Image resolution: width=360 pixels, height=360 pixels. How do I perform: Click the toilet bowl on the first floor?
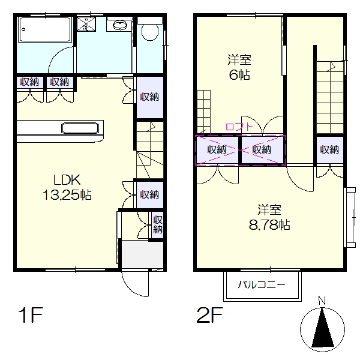[x=150, y=32]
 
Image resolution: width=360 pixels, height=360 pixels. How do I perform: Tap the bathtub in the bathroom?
[x=46, y=29]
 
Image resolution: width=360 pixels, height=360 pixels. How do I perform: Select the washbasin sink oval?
[x=119, y=25]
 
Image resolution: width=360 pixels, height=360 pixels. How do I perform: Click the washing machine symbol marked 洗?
[x=86, y=24]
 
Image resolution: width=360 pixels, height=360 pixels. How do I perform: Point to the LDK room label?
[x=67, y=180]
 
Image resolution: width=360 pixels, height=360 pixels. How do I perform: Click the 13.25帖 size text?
[x=67, y=195]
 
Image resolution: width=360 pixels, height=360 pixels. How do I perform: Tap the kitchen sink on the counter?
[x=80, y=128]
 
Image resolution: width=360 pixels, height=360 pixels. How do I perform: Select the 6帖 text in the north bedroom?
[x=239, y=74]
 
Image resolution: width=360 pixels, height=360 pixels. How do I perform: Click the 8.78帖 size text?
[x=269, y=225]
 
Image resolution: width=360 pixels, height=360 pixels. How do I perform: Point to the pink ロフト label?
[x=239, y=127]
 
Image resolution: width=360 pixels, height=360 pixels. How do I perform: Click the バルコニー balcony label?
[x=262, y=285]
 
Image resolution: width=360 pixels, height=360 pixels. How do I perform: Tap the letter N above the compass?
[x=322, y=301]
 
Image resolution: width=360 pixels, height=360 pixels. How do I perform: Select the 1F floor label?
[x=31, y=315]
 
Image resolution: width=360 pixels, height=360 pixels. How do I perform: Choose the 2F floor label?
[x=209, y=315]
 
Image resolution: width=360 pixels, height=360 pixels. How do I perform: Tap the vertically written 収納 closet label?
[x=158, y=224]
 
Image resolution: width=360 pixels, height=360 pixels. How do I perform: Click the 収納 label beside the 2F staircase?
[x=329, y=149]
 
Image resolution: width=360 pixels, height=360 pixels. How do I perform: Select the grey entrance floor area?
[x=142, y=254]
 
